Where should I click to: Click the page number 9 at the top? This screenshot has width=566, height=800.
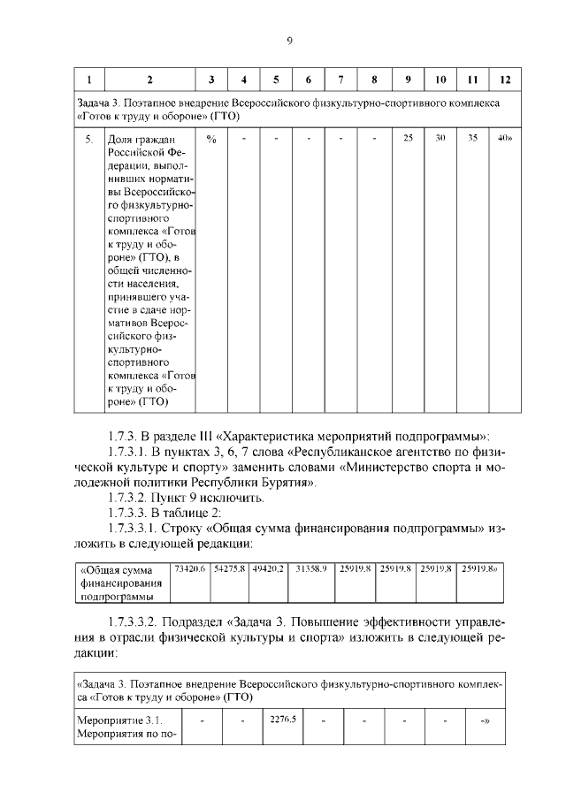289,40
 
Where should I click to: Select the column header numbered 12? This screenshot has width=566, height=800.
505,80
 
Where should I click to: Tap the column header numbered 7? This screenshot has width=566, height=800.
340,80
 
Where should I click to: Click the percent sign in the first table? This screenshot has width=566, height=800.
210,138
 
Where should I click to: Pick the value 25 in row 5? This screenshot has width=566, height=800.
408,138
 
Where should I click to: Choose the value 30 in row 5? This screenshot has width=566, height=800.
440,138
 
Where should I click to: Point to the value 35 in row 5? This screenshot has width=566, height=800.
472,138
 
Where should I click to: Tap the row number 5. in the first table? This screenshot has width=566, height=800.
88,139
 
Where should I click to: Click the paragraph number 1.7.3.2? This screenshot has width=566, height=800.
130,499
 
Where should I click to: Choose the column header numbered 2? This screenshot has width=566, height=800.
149,80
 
